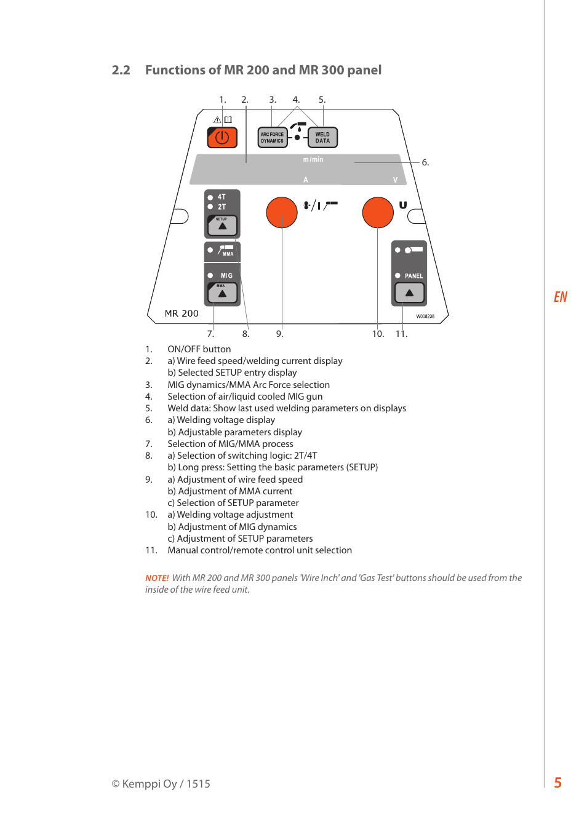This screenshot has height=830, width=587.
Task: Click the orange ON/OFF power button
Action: (222, 138)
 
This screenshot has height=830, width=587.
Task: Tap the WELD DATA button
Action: (322, 138)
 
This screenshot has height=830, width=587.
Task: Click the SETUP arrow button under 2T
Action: (222, 226)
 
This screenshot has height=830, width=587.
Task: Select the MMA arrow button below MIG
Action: (222, 293)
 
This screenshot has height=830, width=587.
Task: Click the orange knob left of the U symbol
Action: (378, 213)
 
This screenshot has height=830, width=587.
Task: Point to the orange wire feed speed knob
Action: (282, 213)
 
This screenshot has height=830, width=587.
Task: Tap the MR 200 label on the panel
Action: (182, 314)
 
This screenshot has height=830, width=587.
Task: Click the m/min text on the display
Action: (313, 160)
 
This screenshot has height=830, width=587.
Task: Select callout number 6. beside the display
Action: (425, 163)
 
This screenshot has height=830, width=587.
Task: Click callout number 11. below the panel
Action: (401, 334)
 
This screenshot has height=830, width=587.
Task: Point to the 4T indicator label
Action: (222, 197)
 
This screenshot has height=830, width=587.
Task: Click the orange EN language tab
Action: (561, 297)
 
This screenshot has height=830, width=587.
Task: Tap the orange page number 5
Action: (558, 783)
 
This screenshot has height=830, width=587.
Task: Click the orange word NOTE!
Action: (157, 578)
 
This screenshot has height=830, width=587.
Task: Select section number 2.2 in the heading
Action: (121, 70)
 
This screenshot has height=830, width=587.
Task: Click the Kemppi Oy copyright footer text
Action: (161, 784)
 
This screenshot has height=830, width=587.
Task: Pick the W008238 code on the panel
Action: (425, 317)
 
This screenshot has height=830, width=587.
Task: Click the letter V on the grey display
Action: (395, 180)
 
